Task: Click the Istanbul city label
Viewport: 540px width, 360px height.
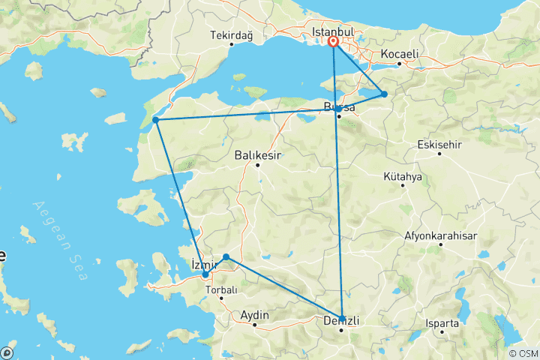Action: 332,33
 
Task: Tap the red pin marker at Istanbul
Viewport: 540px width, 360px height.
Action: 333,43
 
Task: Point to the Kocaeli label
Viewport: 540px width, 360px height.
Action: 399,55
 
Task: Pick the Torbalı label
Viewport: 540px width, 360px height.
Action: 221,289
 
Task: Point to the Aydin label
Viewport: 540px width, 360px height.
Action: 254,316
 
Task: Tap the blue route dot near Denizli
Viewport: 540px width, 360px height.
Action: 343,318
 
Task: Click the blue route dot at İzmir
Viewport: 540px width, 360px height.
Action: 205,274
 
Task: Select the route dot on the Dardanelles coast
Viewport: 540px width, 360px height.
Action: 155,120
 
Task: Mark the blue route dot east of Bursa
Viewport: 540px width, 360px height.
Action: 384,94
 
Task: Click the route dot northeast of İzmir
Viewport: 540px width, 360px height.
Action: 226,257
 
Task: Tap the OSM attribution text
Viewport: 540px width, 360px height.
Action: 522,352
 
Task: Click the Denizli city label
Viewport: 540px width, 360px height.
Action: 342,320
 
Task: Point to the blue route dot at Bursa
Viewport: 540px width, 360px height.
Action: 339,109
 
